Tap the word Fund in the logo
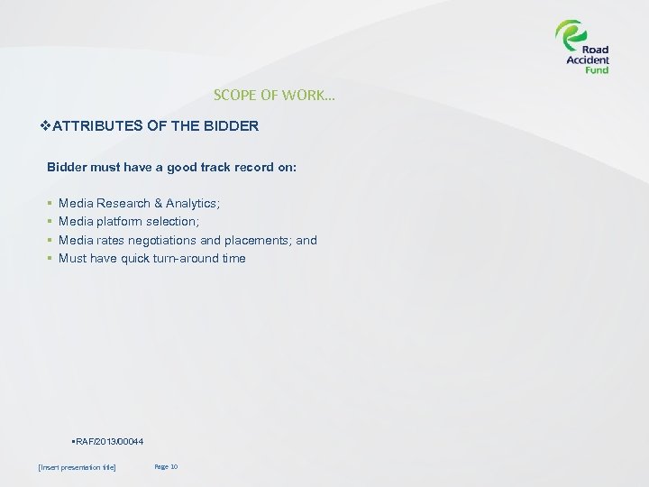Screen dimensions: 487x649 [x=596, y=70]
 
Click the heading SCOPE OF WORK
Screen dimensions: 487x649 [x=274, y=95]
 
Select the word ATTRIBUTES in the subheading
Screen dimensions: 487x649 [x=97, y=126]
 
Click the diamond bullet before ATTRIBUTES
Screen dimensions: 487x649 [x=47, y=126]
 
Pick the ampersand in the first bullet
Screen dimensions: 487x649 [x=158, y=204]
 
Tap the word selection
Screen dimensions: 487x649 [x=172, y=222]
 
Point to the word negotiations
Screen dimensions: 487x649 [x=167, y=240]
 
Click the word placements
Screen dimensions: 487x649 [x=258, y=240]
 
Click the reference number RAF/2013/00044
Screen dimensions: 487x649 [x=108, y=440]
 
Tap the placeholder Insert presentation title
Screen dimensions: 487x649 [x=78, y=467]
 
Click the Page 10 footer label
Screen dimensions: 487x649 [x=166, y=466]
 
